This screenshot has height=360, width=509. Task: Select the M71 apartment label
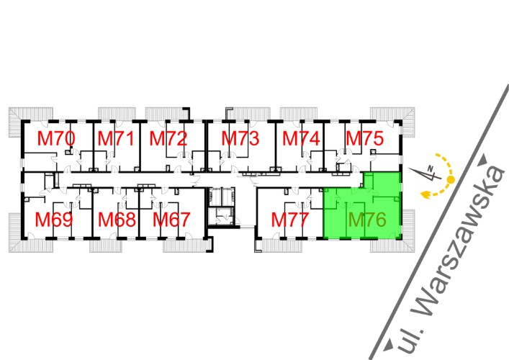tap(116, 139)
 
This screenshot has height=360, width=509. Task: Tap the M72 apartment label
tap(168, 139)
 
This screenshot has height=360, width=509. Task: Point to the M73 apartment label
tap(240, 139)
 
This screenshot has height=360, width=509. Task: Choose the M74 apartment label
tap(301, 139)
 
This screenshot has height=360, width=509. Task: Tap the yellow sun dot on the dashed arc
tap(451, 179)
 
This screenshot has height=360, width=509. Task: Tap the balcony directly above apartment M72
tap(166, 114)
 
